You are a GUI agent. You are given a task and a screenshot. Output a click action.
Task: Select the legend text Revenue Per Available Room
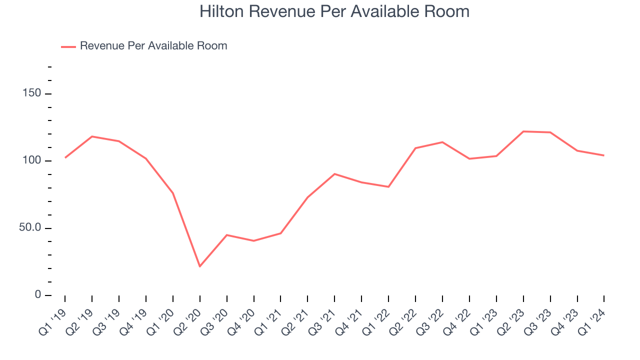pyautogui.click(x=153, y=46)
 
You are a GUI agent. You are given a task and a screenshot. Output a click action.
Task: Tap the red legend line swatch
pyautogui.click(x=68, y=46)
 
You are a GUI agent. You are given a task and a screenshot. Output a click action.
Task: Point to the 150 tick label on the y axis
pyautogui.click(x=32, y=94)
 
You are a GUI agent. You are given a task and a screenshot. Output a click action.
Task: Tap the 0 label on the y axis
pyautogui.click(x=38, y=295)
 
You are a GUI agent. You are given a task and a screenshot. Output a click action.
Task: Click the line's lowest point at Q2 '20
pyautogui.click(x=199, y=266)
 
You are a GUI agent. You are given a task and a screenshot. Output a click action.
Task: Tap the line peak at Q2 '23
pyautogui.click(x=523, y=131)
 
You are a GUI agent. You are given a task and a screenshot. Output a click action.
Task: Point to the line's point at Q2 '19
pyautogui.click(x=92, y=136)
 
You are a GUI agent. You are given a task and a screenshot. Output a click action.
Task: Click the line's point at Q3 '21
pyautogui.click(x=334, y=174)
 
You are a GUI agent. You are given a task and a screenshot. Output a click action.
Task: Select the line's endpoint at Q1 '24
pyautogui.click(x=604, y=155)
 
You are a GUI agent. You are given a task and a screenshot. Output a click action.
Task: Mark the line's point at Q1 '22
pyautogui.click(x=388, y=186)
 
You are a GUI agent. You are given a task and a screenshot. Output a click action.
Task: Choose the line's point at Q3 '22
pyautogui.click(x=442, y=142)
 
